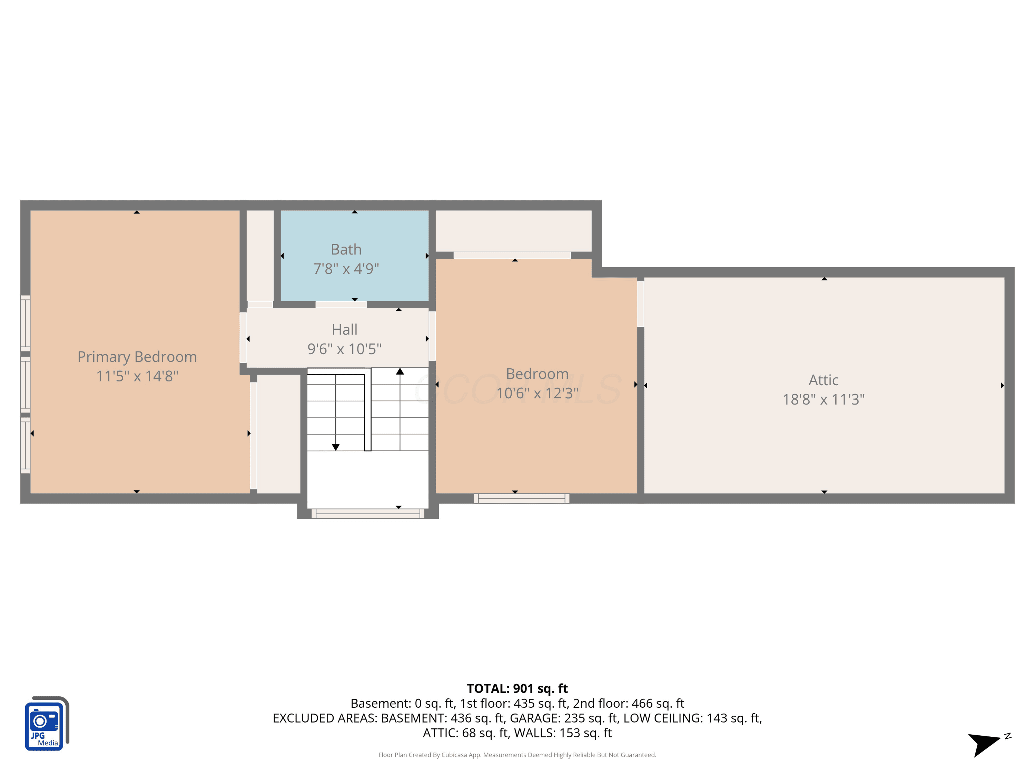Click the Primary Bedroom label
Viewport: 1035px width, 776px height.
coord(137,357)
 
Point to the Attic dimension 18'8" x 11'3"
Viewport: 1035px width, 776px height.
coord(824,399)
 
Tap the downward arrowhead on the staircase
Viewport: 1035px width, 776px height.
coord(335,447)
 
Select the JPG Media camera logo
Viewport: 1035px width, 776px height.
coord(47,723)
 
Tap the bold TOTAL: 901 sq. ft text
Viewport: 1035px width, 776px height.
coord(517,688)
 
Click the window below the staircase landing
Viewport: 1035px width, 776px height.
coord(368,514)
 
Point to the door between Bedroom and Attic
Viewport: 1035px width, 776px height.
coord(641,304)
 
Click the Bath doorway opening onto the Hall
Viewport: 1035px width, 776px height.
coord(341,305)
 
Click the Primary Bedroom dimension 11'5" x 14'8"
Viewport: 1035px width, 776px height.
coord(137,376)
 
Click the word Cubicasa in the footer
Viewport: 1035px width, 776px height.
coord(454,755)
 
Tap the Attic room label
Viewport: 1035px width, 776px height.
coord(824,380)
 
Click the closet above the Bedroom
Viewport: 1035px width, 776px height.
coord(513,231)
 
